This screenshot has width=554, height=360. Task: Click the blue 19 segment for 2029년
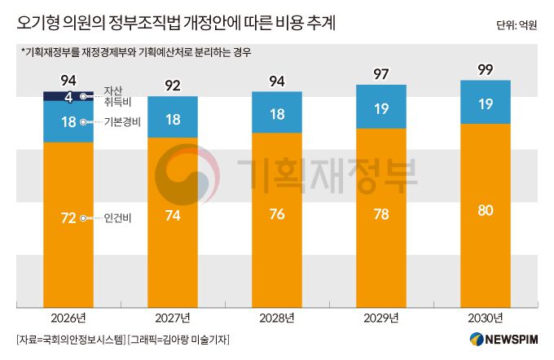point(380,108)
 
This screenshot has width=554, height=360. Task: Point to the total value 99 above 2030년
point(486,70)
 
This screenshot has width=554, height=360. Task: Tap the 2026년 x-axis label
point(68,318)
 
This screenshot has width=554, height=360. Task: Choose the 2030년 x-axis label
point(486,318)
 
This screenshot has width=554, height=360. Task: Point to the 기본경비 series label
point(122,121)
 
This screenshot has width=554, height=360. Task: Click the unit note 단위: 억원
point(516,25)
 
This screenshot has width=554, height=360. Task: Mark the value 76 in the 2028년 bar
point(276,217)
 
